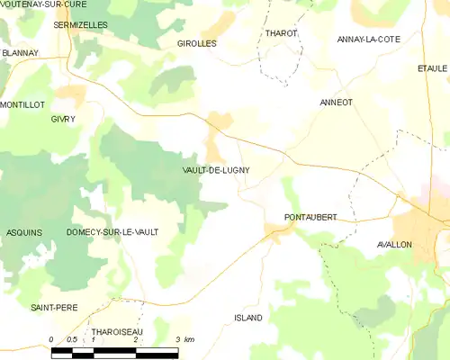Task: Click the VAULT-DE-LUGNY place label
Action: (x=215, y=169)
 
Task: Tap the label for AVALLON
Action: (x=394, y=245)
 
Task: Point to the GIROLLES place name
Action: (x=197, y=43)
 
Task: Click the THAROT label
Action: (x=281, y=33)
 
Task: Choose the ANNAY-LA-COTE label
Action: (x=368, y=40)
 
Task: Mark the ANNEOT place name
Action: (x=336, y=103)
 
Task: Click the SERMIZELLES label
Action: (x=80, y=25)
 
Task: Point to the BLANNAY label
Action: (x=20, y=53)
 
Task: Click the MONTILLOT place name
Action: (x=22, y=104)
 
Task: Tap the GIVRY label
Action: (x=63, y=119)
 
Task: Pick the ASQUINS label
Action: (x=23, y=232)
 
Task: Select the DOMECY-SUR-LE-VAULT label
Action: (x=112, y=232)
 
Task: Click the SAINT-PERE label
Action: (x=54, y=308)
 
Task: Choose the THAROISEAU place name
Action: (x=114, y=332)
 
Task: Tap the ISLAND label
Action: (x=247, y=319)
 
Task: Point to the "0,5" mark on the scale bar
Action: (x=72, y=339)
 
